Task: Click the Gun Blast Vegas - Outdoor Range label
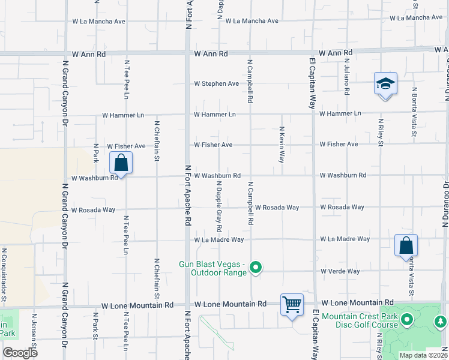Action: pyautogui.click(x=213, y=268)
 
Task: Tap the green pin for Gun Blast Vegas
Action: pyautogui.click(x=256, y=268)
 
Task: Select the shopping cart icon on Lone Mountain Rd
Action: pyautogui.click(x=292, y=305)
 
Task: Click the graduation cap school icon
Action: pyautogui.click(x=385, y=84)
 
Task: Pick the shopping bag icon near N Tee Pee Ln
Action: pyautogui.click(x=121, y=163)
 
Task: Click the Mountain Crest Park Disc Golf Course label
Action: pyautogui.click(x=359, y=320)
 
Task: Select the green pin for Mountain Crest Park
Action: pyautogui.click(x=408, y=320)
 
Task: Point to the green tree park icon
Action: pyautogui.click(x=441, y=322)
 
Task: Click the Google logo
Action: pyautogui.click(x=20, y=353)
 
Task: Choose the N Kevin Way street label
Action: pyautogui.click(x=281, y=145)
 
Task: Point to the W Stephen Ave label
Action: pyautogui.click(x=216, y=83)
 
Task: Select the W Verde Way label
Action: pyautogui.click(x=340, y=271)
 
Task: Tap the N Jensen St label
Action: pyautogui.click(x=34, y=336)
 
